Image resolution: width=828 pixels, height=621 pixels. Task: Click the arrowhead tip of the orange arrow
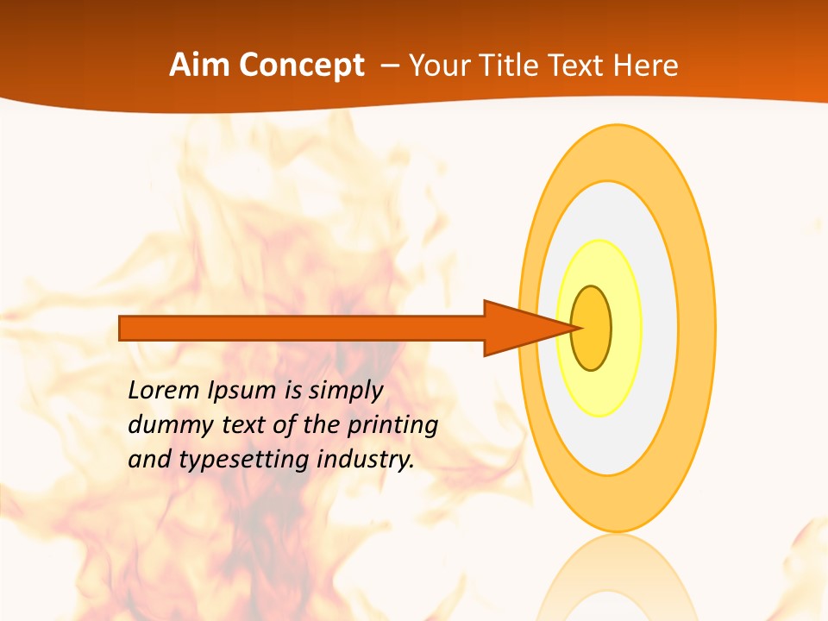[x=576, y=328]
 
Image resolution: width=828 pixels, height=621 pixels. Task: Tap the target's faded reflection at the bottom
[x=617, y=582]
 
